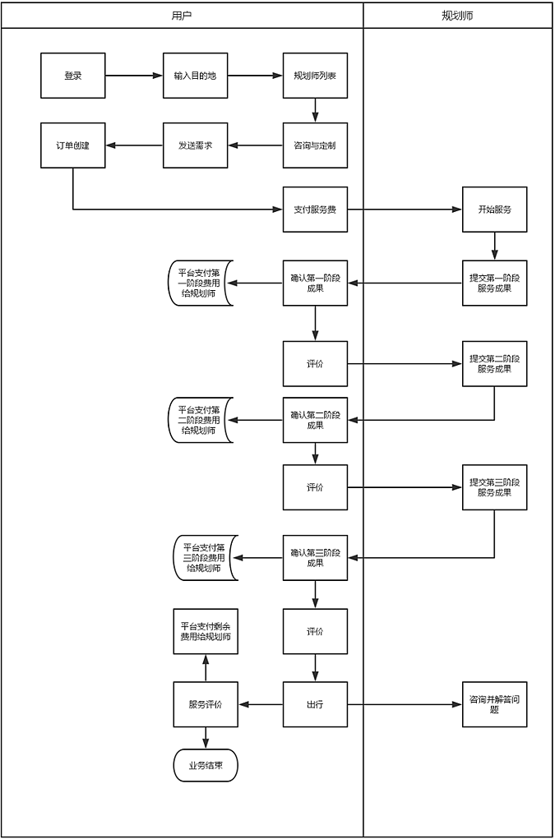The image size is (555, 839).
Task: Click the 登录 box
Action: point(73,76)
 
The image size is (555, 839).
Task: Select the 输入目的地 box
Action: point(195,76)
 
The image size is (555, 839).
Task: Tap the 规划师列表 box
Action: point(315,76)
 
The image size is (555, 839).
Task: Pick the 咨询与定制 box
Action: point(315,145)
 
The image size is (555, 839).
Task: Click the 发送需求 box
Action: point(195,145)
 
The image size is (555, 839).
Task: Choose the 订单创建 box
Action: point(73,145)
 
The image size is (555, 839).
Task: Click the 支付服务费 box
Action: point(315,210)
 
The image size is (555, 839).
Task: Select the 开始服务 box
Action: point(494,210)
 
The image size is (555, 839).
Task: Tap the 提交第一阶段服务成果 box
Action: point(494,283)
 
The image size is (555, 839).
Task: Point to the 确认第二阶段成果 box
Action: point(315,420)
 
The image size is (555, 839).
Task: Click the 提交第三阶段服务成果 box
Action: point(494,487)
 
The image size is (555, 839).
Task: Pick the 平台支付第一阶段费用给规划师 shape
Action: point(201,283)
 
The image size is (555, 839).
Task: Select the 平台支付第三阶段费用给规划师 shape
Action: point(205,558)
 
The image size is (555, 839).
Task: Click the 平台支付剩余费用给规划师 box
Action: point(206,631)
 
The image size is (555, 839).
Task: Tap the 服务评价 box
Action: point(206,704)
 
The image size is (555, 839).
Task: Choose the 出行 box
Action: point(315,704)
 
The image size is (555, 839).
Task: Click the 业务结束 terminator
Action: point(206,765)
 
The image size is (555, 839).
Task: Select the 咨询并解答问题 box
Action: point(494,704)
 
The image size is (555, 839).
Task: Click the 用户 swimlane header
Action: point(183,16)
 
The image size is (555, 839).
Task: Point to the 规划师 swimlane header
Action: point(457,16)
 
